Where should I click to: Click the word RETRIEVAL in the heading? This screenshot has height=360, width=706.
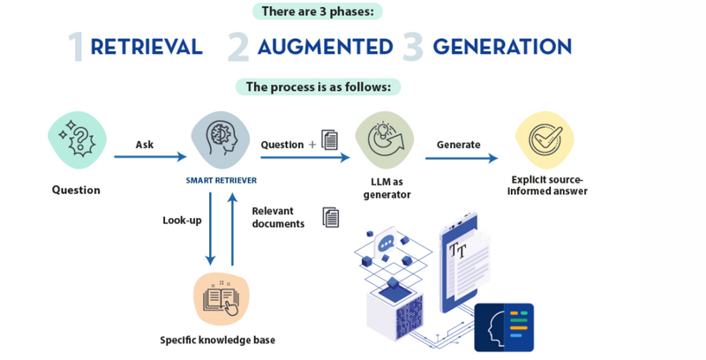pos(146,47)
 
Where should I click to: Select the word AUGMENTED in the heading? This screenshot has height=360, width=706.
pos(325,47)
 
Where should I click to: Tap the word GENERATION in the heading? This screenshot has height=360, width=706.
pos(501,47)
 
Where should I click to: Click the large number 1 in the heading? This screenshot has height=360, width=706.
pos(77,48)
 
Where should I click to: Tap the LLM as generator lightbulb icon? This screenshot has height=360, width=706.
pos(387,140)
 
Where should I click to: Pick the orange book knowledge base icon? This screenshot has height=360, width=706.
pos(222,299)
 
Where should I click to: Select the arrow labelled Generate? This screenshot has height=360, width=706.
pos(461,159)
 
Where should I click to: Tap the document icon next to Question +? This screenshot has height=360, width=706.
pos(330,139)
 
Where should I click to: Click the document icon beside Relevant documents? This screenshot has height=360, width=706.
pos(331,216)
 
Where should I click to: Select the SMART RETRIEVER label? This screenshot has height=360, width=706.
pos(222,180)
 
